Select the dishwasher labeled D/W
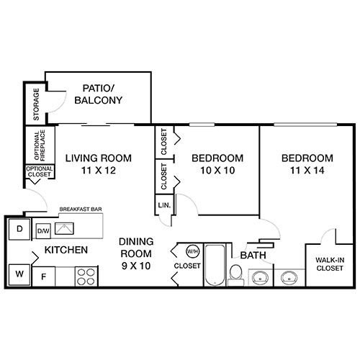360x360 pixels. coord(43,231)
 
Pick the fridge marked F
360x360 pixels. coord(43,275)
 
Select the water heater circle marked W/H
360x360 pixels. coord(192,252)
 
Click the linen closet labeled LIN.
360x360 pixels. coord(163,205)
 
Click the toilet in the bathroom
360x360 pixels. coord(235,273)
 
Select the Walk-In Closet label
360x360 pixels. coord(330,264)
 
